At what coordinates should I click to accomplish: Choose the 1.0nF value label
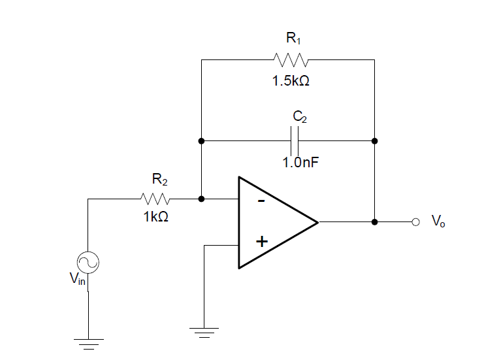pos(300,162)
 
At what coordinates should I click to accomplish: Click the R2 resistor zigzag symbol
pos(155,198)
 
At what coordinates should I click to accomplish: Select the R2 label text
pos(159,178)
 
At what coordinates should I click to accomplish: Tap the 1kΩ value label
pos(156,218)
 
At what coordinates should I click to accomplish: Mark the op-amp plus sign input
pos(261,242)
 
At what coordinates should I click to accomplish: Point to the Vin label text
pos(77,280)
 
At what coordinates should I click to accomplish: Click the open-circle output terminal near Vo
pos(415,222)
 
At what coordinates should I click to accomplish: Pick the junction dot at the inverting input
pos(202,198)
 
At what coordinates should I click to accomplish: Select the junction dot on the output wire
pos(374,222)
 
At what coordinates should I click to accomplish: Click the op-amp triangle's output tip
pos(317,222)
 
